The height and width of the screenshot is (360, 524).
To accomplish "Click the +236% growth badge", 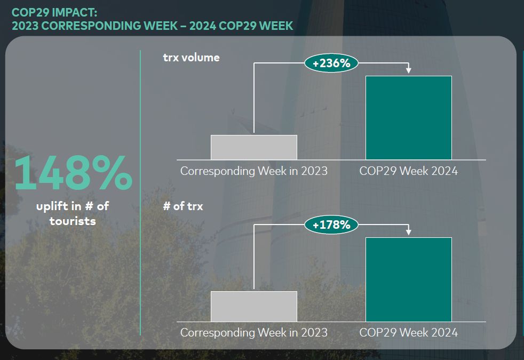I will (x=331, y=63).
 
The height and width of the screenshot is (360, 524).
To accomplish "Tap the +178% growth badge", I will (x=331, y=225).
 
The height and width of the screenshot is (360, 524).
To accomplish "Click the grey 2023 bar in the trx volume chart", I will (x=254, y=147).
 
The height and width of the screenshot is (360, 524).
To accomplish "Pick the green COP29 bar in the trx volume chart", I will (x=409, y=117).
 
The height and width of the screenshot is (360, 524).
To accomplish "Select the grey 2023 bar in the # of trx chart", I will (x=254, y=306).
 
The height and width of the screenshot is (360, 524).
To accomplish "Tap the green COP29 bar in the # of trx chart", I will (x=409, y=279).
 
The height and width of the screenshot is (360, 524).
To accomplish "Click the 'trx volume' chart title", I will (x=191, y=58).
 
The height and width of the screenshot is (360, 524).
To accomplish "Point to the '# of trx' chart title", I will (x=183, y=206).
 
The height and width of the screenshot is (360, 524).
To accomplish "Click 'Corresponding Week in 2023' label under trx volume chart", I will (x=254, y=171).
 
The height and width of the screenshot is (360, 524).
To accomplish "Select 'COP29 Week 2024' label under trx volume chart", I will (x=409, y=171).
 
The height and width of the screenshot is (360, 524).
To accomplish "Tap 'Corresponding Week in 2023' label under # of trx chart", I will (x=254, y=332).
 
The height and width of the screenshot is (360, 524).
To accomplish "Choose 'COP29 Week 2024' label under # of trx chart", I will (x=409, y=332).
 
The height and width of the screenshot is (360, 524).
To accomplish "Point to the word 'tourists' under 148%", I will (x=73, y=220).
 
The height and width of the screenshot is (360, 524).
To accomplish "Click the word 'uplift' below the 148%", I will (x=52, y=206).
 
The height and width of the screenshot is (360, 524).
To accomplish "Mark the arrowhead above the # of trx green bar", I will (x=409, y=232).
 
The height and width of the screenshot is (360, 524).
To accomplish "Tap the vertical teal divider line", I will (x=140, y=192).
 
